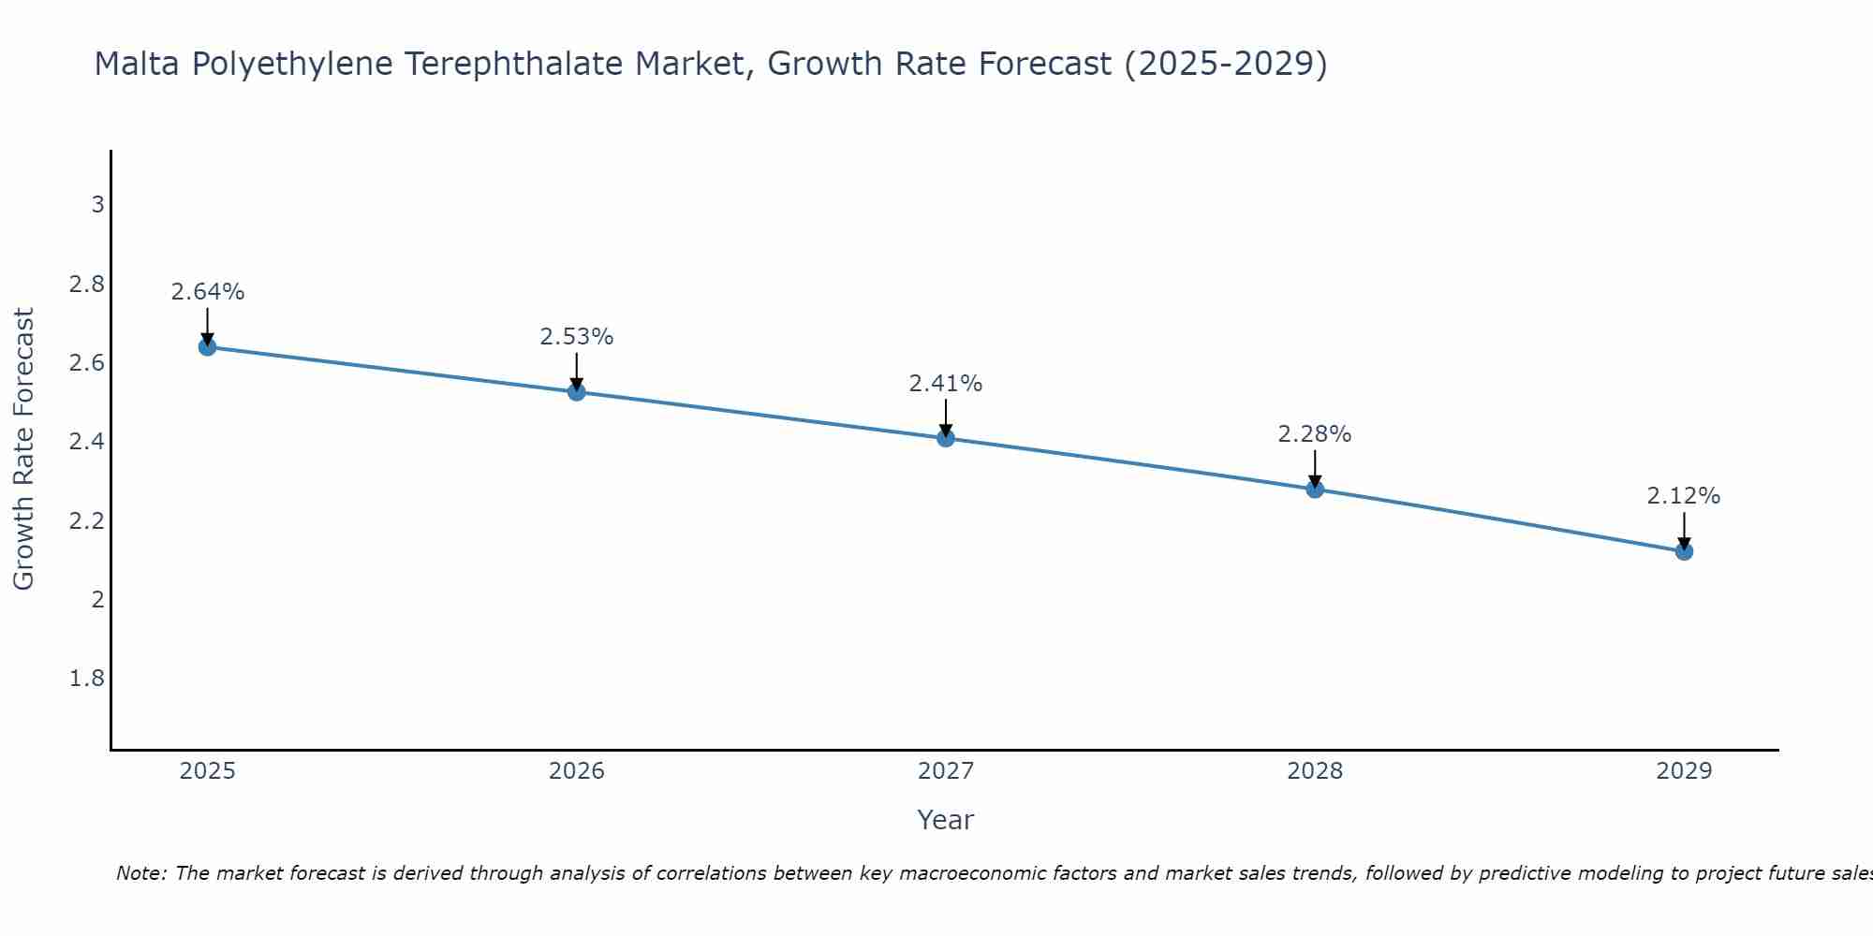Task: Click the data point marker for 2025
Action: coord(207,347)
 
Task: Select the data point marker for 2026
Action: coord(577,391)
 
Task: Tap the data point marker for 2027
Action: coord(946,438)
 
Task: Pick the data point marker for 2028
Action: coord(1315,489)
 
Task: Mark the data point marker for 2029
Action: coord(1684,551)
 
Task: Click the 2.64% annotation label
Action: coord(207,292)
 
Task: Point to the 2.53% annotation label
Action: coord(577,337)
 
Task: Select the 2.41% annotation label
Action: coord(946,384)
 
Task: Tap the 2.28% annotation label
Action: coord(1315,434)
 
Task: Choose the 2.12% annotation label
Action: coord(1684,496)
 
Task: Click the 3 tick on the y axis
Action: coord(97,204)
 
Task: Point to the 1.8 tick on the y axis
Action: coord(87,679)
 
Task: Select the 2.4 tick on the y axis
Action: coord(87,441)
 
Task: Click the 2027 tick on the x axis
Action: coord(946,771)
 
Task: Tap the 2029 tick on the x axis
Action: coord(1684,771)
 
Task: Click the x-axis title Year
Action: coord(946,820)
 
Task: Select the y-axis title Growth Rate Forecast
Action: coord(23,449)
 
